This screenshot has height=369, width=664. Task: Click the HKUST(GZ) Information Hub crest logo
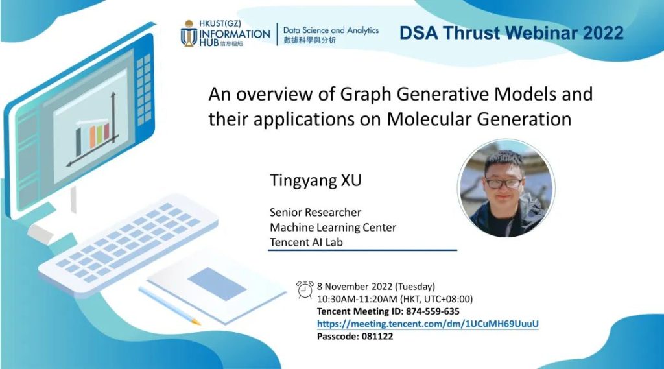pyautogui.click(x=189, y=34)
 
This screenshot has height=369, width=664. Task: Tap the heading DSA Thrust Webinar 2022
pyautogui.click(x=512, y=33)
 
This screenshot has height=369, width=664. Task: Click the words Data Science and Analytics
pyautogui.click(x=331, y=30)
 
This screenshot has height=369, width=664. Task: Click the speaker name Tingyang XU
pyautogui.click(x=316, y=180)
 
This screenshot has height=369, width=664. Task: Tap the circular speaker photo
pyautogui.click(x=506, y=189)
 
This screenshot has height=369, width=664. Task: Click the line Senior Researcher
pyautogui.click(x=316, y=212)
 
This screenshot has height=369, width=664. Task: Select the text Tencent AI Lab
pyautogui.click(x=306, y=243)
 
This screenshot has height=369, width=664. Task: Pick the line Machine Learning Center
pyautogui.click(x=333, y=228)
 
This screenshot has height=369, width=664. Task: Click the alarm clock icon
pyautogui.click(x=305, y=290)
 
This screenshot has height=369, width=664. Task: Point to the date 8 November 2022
pyautogui.click(x=355, y=287)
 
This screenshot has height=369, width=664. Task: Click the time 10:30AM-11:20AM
pyautogui.click(x=357, y=299)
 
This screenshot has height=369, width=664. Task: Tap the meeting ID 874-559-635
pyautogui.click(x=433, y=311)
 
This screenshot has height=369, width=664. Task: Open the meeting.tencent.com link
pyautogui.click(x=428, y=324)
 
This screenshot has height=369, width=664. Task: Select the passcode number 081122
pyautogui.click(x=377, y=337)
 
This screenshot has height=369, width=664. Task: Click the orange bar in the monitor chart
pyautogui.click(x=92, y=137)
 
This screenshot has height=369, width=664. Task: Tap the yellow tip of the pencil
pyautogui.click(x=195, y=322)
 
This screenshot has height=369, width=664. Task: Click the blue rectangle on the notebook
pyautogui.click(x=217, y=283)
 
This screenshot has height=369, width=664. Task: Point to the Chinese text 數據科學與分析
pyautogui.click(x=309, y=40)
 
